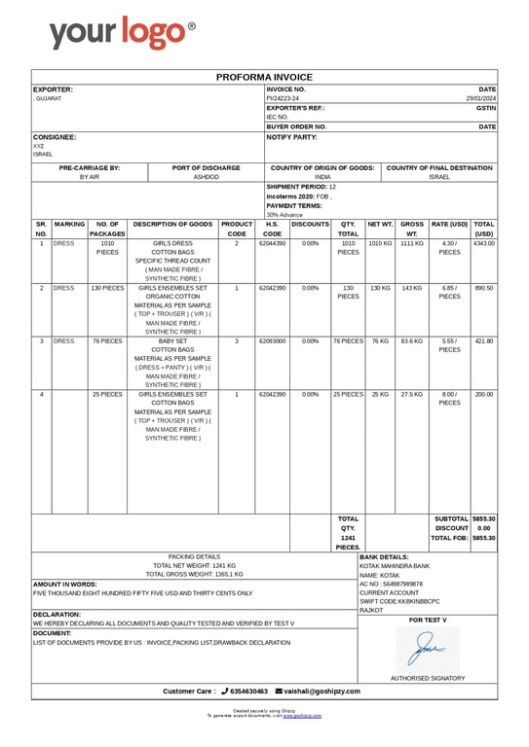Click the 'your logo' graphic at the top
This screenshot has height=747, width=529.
pos(122,33)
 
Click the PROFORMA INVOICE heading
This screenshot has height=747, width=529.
pos(264,77)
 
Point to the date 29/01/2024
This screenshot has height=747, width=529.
pos(481,98)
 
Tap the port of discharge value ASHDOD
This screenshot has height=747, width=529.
pos(207,177)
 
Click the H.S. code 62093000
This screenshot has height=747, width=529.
pos(273,341)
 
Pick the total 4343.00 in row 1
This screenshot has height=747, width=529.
pos(484,243)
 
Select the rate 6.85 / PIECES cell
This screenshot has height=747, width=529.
pos(449,293)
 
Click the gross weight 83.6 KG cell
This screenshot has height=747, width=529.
pos(412,341)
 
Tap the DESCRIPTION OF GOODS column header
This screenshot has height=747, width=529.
pos(172,224)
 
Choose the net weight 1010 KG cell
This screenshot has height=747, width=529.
pos(380,243)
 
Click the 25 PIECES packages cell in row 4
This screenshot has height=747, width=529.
pos(107,394)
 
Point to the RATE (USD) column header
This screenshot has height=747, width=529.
pos(449,224)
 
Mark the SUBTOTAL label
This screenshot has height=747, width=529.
pos(451,518)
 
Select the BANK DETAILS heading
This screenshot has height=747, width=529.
pos(384,556)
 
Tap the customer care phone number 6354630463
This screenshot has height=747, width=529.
pos(247,691)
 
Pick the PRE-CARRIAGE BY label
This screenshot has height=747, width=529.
pos(90,167)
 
